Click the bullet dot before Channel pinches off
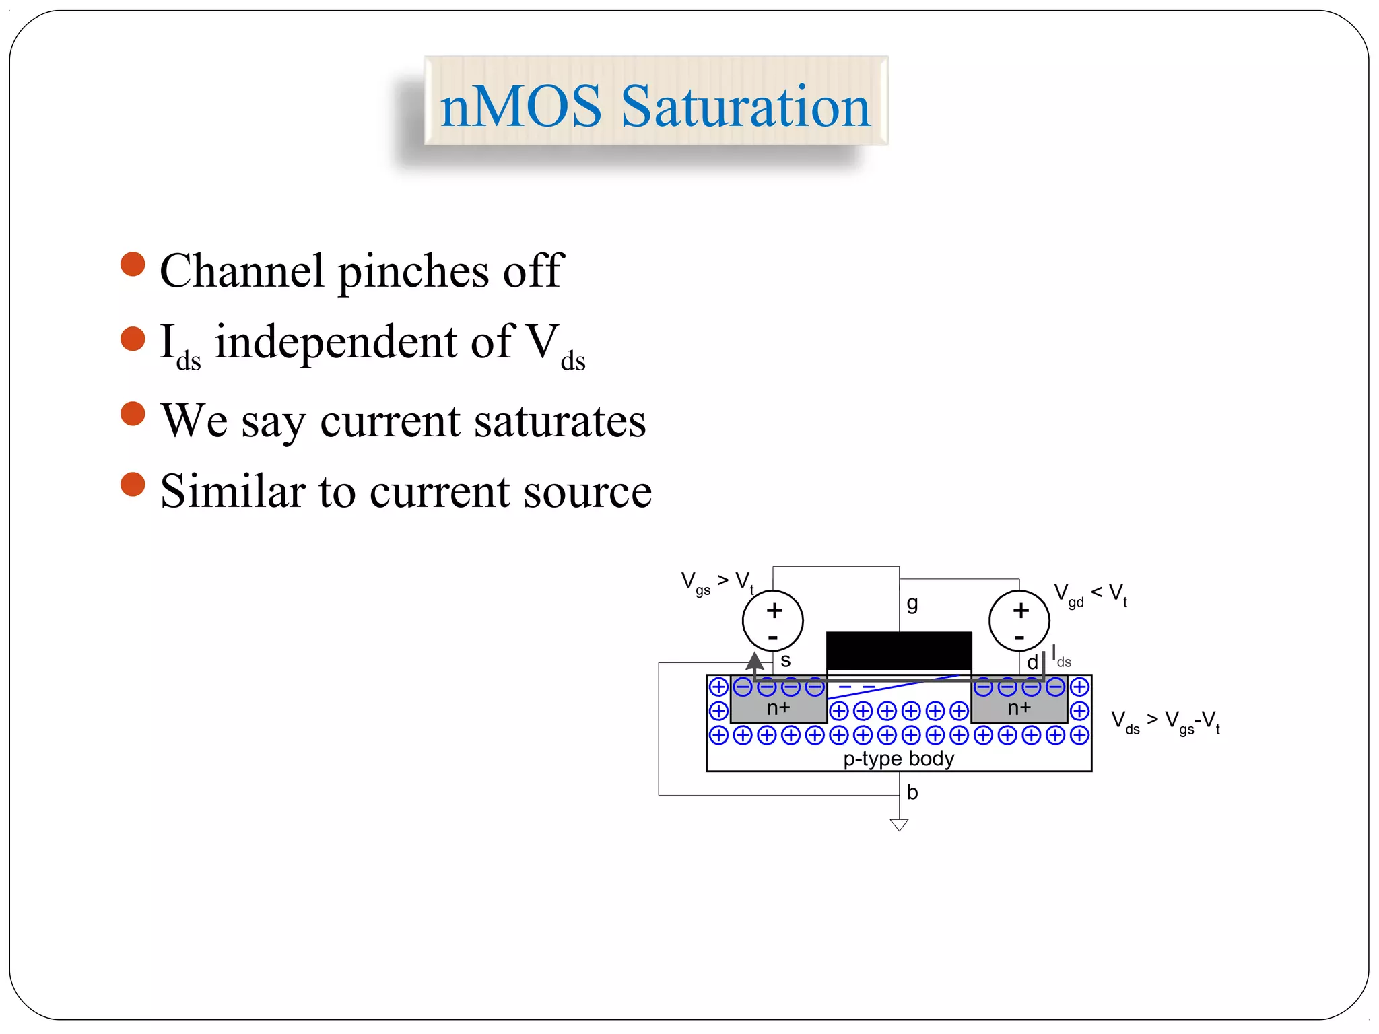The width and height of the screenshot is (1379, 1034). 133,264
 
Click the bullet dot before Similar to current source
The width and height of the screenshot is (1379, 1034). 133,484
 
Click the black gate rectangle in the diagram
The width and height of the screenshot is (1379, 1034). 898,650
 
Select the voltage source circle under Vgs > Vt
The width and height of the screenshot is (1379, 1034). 772,621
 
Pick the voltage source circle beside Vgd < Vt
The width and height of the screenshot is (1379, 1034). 1019,621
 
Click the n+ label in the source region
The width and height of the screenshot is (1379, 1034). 778,708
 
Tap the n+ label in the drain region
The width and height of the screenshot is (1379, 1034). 1019,708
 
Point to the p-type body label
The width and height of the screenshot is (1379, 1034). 898,759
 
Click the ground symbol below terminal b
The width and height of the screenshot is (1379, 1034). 899,825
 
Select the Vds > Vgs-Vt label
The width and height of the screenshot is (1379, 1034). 1165,722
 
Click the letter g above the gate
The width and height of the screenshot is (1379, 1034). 912,603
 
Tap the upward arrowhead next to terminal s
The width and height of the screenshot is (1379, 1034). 755,660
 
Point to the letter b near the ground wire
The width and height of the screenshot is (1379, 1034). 912,792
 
